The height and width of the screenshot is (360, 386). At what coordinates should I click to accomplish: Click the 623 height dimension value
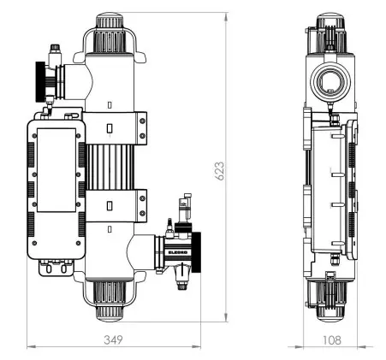click(x=219, y=171)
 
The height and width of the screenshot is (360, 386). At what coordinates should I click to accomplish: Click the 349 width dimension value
click(x=114, y=339)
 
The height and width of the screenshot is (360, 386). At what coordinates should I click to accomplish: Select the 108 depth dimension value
click(x=332, y=340)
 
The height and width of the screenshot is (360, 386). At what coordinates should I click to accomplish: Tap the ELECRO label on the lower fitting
click(x=178, y=252)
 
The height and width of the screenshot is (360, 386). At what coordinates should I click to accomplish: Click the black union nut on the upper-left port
click(x=40, y=81)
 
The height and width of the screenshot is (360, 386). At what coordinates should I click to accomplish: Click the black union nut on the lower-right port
click(x=196, y=252)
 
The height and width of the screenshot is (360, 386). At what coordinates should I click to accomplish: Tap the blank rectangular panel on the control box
click(x=56, y=170)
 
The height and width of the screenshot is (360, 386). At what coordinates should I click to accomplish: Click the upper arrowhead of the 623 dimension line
click(x=226, y=17)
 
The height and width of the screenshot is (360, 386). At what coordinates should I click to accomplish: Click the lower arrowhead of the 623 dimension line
click(x=226, y=317)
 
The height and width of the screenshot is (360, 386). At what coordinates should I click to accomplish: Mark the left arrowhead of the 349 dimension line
click(x=32, y=347)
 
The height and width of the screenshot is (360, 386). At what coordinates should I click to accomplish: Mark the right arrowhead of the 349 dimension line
click(x=196, y=347)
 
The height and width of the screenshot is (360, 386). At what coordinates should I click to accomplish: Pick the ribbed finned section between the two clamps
click(x=110, y=167)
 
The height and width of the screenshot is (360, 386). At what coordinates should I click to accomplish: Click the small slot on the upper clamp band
click(x=110, y=128)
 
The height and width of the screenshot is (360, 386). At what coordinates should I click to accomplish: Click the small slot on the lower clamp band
click(x=110, y=205)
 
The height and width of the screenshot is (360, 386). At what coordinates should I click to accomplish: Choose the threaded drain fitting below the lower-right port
click(x=181, y=280)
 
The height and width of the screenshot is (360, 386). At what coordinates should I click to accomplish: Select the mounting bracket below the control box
click(x=56, y=269)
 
